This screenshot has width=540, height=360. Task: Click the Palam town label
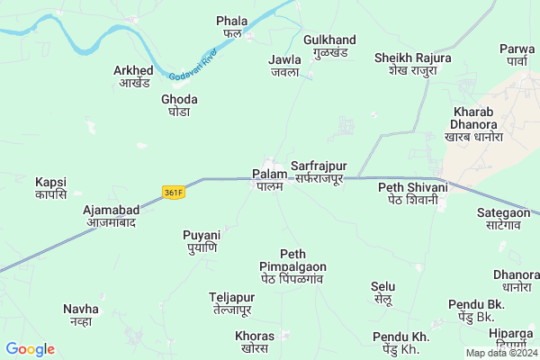click(x=269, y=179)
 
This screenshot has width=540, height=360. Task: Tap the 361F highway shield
click(x=174, y=192)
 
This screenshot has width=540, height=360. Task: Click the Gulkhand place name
click(x=330, y=47)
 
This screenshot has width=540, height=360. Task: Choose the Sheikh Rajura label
click(x=413, y=65)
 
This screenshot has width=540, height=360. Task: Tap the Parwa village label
click(x=517, y=55)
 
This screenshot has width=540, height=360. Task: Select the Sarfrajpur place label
click(x=318, y=173)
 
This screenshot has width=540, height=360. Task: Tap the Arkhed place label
click(x=134, y=76)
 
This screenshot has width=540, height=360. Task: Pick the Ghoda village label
click(x=179, y=105)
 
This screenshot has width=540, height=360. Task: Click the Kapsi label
click(x=51, y=187)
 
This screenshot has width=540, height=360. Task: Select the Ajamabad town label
click(x=105, y=216)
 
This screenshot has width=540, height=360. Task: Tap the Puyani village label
click(x=202, y=240)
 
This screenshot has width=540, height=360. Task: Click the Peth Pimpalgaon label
click(x=292, y=266)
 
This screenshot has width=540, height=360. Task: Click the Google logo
click(x=30, y=349)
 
